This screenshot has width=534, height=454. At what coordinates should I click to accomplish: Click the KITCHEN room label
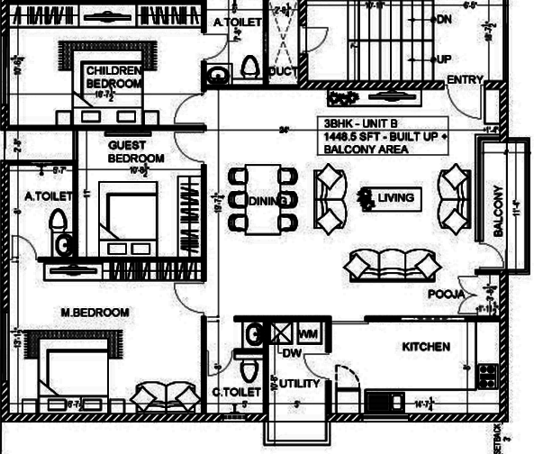pos(426,347)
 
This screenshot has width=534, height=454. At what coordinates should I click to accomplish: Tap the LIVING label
pos(395,197)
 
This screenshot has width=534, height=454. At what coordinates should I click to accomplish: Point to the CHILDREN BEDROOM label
pos(113,77)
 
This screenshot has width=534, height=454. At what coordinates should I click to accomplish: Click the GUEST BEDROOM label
pos(135,151)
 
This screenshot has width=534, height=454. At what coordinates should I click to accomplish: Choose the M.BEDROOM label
pos(95,313)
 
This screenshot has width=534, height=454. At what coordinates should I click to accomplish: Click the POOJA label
pos(446,295)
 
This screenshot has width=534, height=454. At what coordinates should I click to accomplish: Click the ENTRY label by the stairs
pos(465,80)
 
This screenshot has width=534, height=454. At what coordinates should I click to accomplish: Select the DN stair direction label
pos(443,19)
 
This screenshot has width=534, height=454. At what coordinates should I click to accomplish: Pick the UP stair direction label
pos(443,59)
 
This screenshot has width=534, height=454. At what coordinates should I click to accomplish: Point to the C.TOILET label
pos(236,392)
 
